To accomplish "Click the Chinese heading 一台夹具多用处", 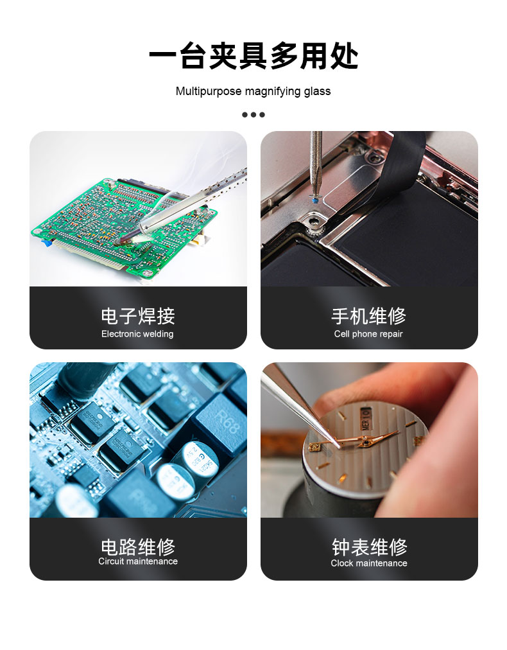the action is coord(253,55).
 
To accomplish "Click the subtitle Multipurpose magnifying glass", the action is coord(253,91).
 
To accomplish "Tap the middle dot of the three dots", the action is coord(253,115).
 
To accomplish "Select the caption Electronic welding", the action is coord(137,334).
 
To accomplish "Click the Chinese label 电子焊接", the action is coord(138,316).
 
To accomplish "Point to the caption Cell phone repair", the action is coord(368,334).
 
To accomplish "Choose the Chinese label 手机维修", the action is coord(368,316).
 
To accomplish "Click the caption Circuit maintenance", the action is coord(138,561).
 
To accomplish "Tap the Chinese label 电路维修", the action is coord(138,547).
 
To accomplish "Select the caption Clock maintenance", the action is coord(368,563).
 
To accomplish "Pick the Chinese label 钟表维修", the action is coord(369,547).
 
